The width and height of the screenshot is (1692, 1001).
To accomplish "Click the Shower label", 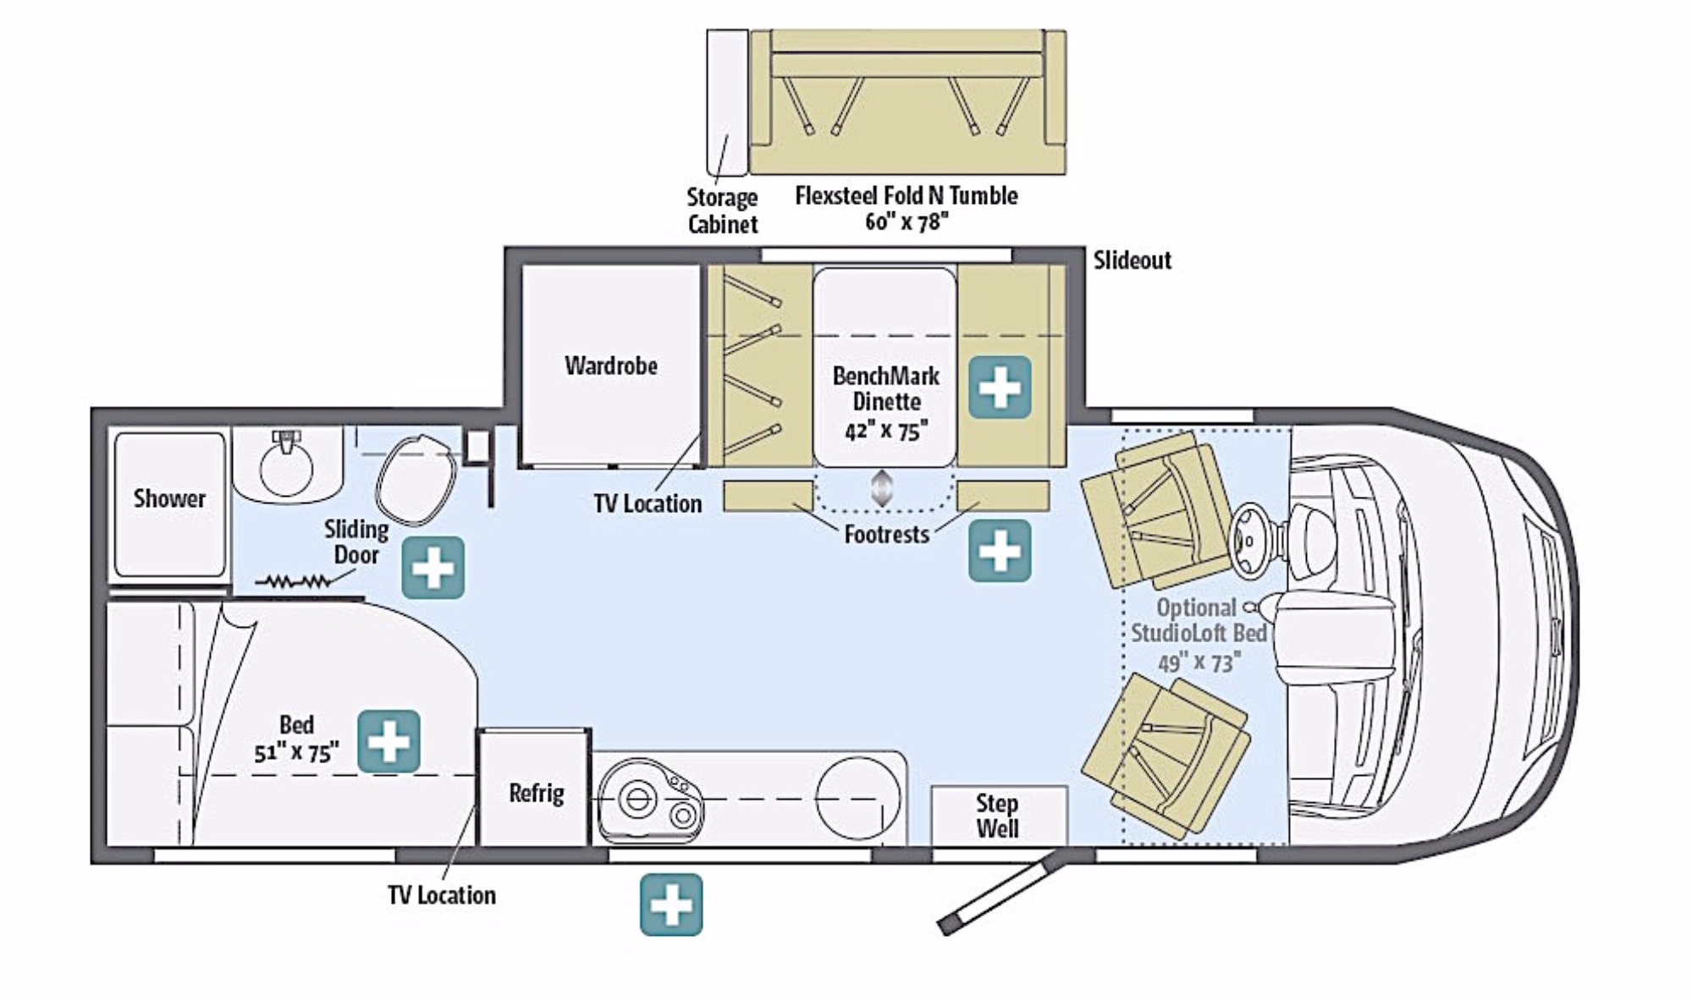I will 169,498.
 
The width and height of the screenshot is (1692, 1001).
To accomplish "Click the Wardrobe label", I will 610,366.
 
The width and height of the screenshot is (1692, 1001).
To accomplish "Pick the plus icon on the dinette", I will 1000,388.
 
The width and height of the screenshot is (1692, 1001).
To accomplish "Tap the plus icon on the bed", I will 389,741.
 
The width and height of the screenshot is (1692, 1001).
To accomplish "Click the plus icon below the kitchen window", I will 670,905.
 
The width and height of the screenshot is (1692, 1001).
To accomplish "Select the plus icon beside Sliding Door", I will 433,567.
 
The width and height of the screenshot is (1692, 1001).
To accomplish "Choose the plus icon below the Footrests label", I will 1000,551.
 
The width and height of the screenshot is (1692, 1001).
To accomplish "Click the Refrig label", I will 536,793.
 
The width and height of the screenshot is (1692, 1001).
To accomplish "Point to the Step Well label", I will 997,815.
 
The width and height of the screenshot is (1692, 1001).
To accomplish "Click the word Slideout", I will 1132,260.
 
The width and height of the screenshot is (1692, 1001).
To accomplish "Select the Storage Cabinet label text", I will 722,211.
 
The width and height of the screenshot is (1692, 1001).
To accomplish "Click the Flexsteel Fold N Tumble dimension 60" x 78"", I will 906,222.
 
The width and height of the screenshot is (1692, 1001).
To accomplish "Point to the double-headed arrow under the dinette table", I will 882,489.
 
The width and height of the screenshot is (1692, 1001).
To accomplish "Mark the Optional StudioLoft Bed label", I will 1199,634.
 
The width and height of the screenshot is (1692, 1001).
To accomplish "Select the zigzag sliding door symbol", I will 294,581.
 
